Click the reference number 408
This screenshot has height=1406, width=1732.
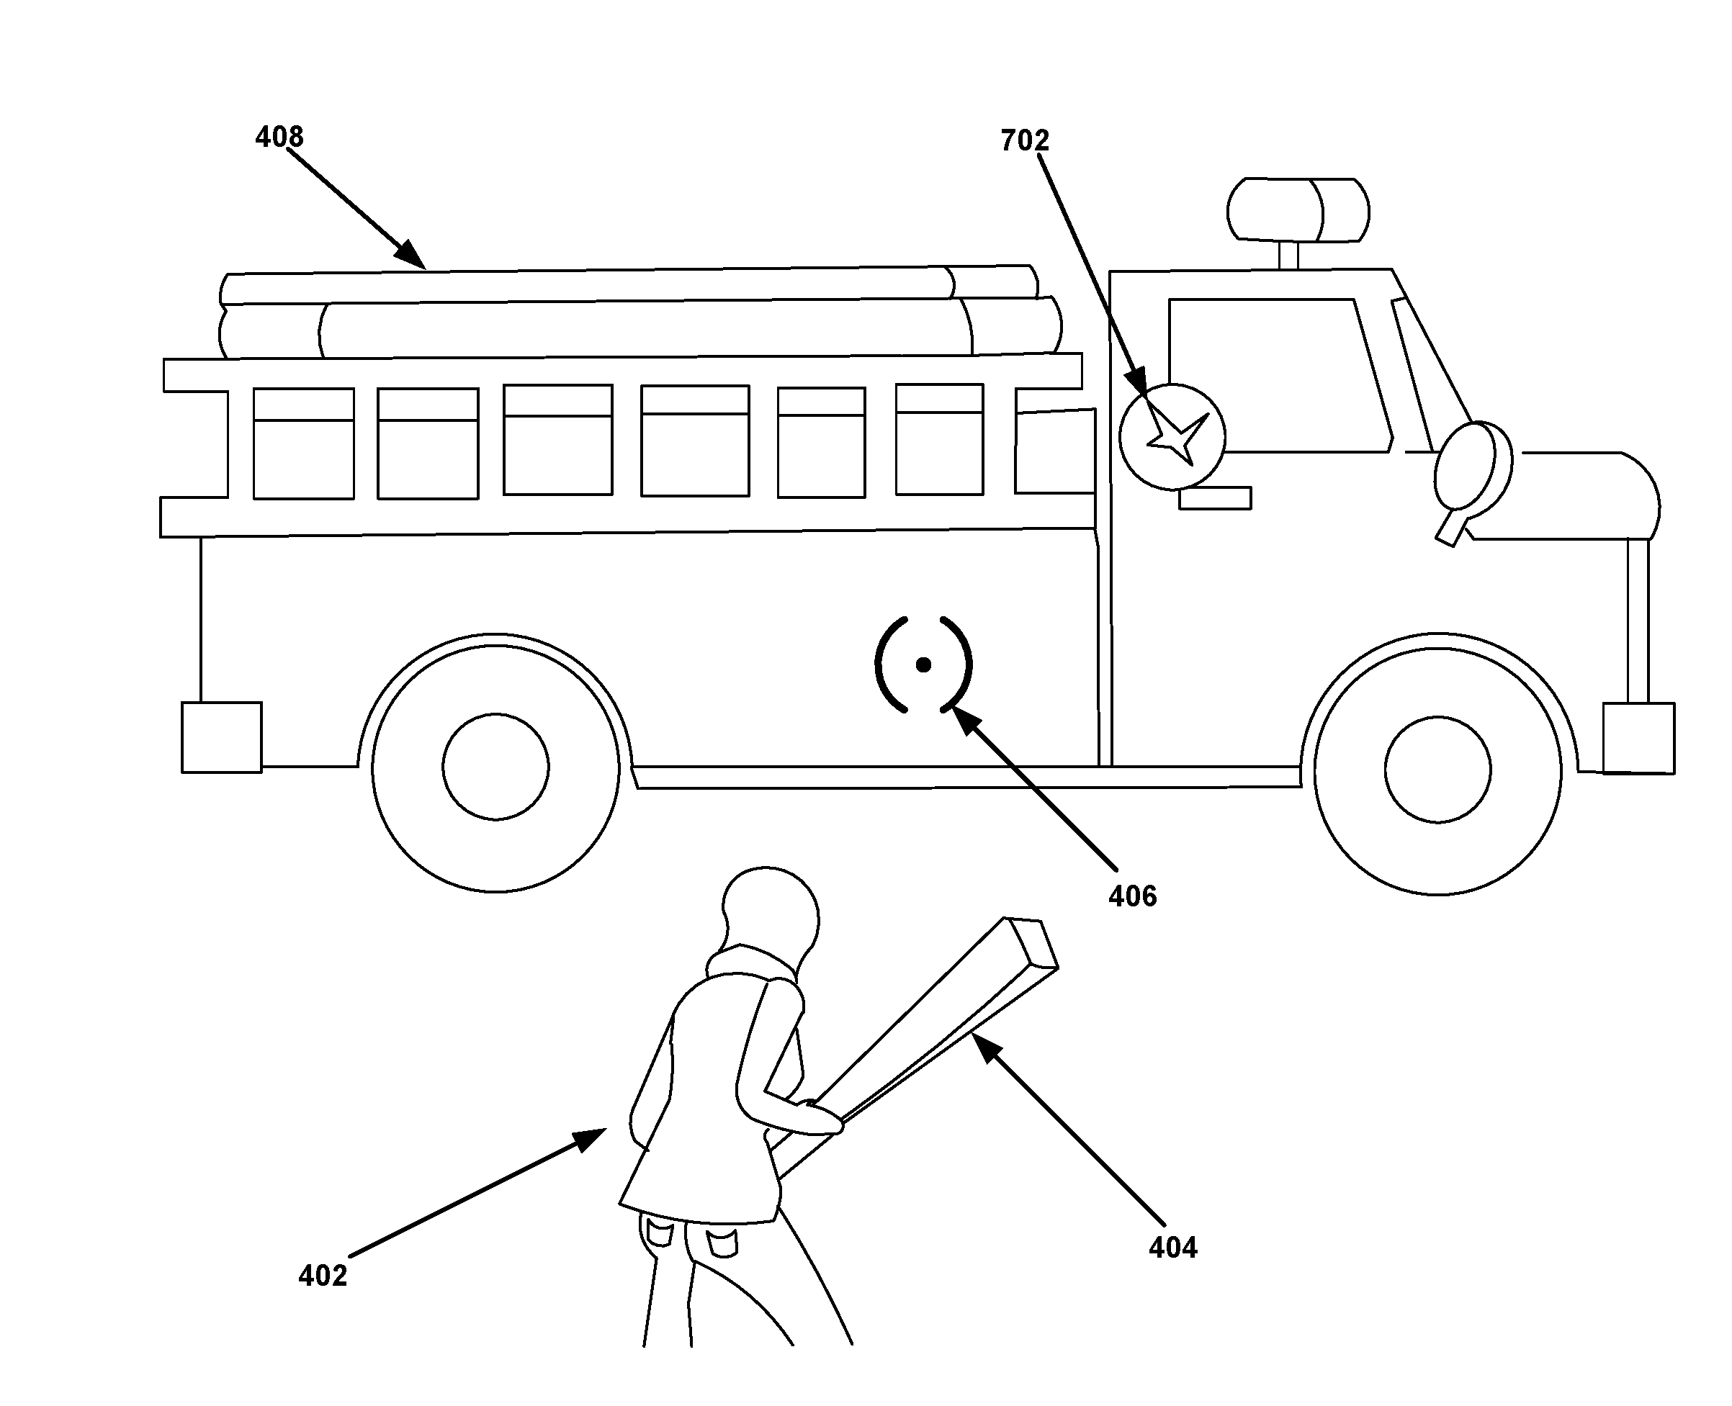[x=279, y=137]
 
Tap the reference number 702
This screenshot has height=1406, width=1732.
[x=1025, y=141]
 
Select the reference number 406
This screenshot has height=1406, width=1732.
[x=1133, y=896]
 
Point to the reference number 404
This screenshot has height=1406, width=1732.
[x=1173, y=1247]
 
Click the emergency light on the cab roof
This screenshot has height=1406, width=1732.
[x=1298, y=209]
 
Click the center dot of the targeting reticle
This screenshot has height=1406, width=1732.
[x=923, y=665]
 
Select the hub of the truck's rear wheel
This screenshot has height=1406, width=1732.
[x=495, y=766]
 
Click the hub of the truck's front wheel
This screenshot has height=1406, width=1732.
[x=1438, y=769]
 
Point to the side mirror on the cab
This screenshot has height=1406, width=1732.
[x=1473, y=474]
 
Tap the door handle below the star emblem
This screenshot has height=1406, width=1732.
[x=1214, y=497]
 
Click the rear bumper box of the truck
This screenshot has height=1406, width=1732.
[x=221, y=737]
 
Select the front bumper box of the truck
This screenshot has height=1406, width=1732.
[x=1639, y=738]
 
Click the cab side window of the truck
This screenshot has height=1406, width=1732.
[x=1280, y=375]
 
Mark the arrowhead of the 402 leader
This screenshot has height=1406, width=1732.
[x=592, y=1138]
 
